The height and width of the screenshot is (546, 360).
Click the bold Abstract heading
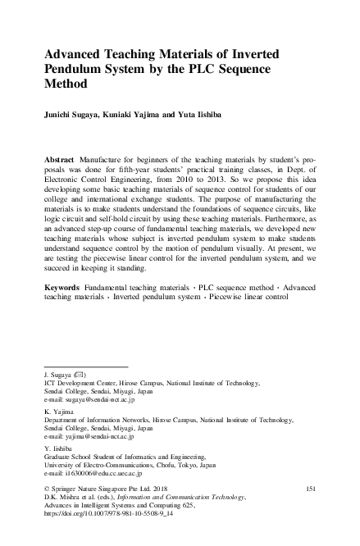click(x=61, y=156)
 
